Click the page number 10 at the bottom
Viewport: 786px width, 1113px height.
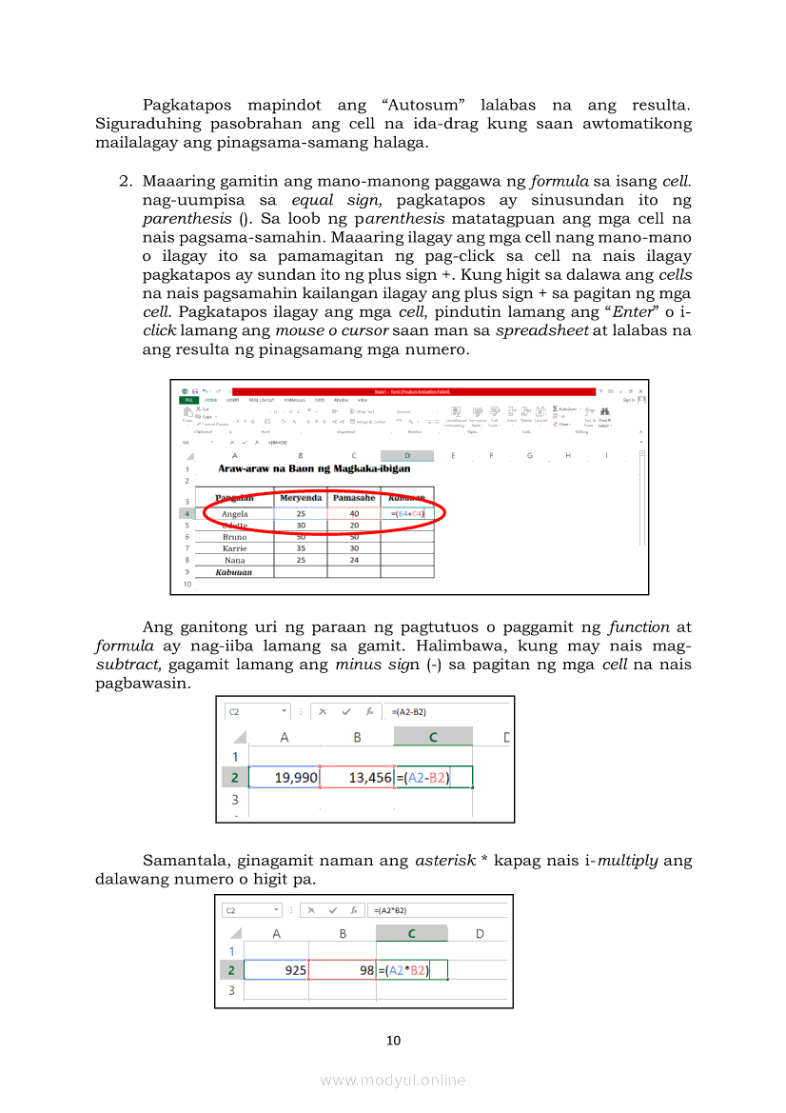[393, 1040]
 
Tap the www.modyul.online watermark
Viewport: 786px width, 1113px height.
[393, 1080]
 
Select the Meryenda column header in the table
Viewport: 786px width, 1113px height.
[300, 498]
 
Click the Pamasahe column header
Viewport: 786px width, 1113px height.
[353, 498]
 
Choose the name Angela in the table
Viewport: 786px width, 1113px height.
[234, 514]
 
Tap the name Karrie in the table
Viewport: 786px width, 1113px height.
[234, 548]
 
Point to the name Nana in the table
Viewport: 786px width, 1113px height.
[234, 560]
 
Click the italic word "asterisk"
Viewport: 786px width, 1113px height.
[445, 862]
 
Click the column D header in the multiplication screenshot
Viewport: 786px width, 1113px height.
[480, 933]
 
